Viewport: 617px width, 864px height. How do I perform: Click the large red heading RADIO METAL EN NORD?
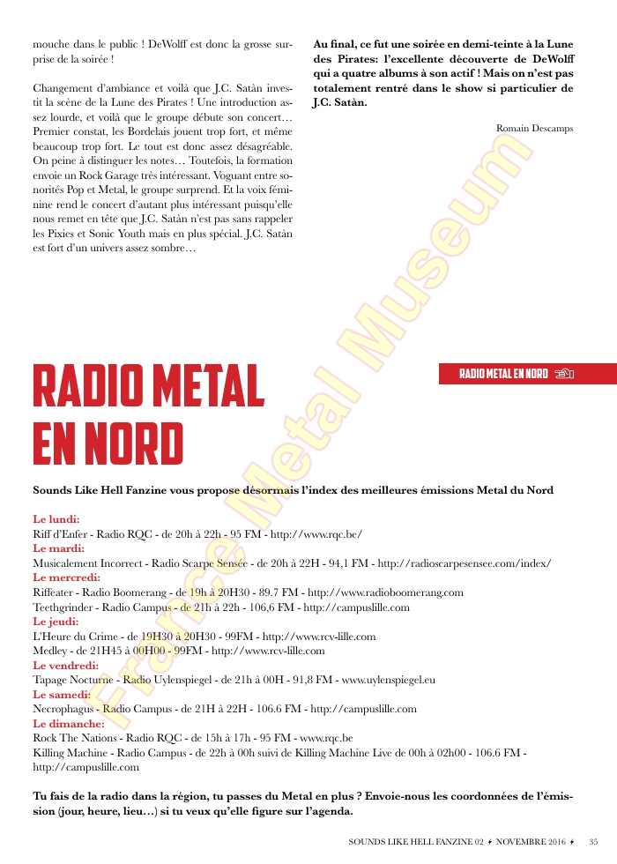click(148, 415)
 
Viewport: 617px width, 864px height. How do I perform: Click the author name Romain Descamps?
click(534, 129)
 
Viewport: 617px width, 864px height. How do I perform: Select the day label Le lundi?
click(56, 519)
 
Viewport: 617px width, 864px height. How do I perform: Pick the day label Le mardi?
click(58, 548)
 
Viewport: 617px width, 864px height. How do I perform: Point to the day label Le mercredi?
click(65, 577)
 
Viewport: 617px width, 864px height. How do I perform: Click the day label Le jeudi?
click(55, 622)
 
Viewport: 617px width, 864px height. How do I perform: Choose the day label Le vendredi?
click(64, 666)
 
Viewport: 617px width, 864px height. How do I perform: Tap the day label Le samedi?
click(61, 695)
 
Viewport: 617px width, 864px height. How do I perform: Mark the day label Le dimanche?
click(68, 724)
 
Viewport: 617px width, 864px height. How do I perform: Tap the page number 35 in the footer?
click(594, 841)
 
